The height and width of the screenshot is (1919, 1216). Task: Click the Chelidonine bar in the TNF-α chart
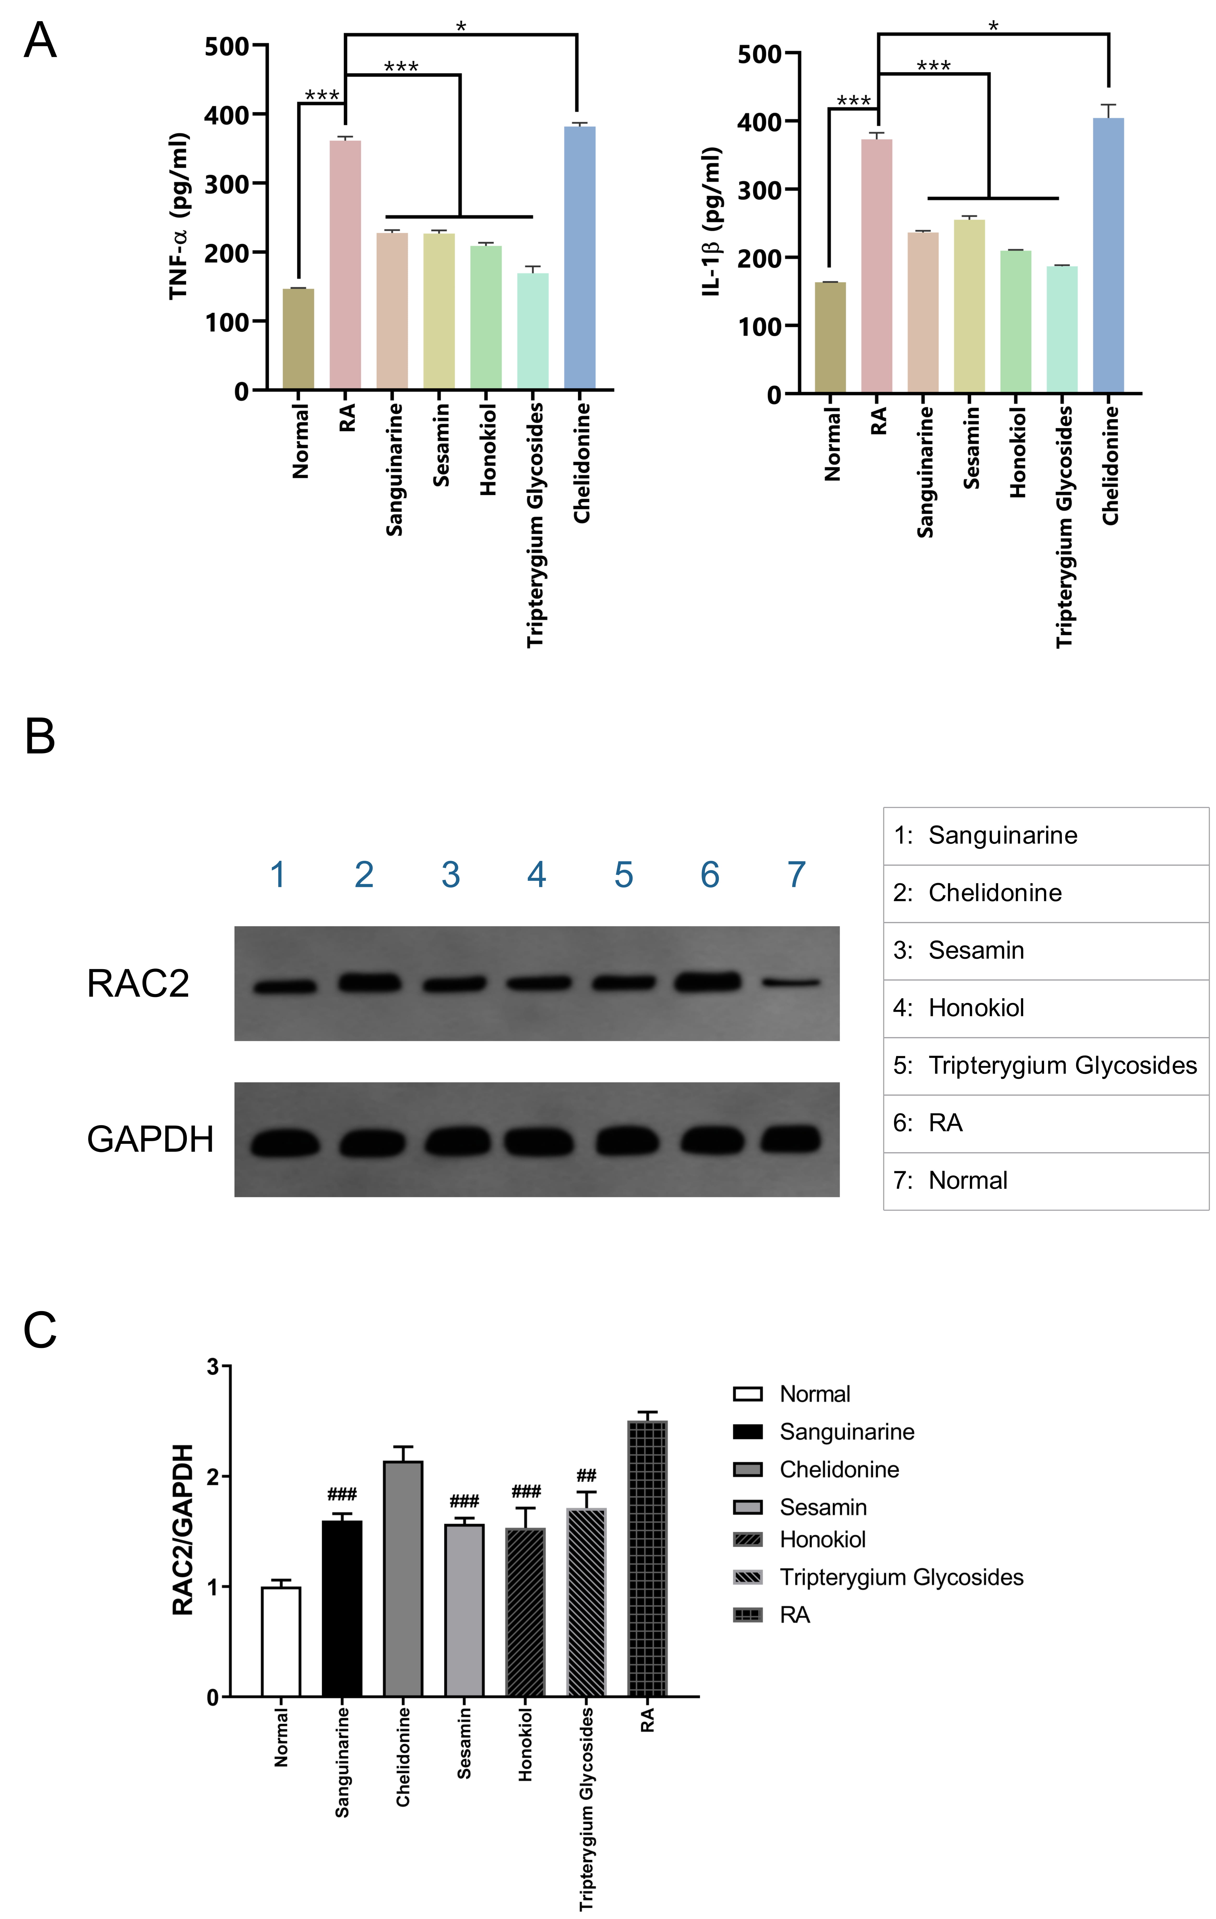tap(579, 257)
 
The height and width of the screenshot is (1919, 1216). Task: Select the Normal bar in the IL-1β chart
tap(830, 338)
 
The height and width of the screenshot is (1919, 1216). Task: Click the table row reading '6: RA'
tap(1046, 1124)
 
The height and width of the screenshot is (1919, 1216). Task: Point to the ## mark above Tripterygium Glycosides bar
tap(587, 1476)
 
